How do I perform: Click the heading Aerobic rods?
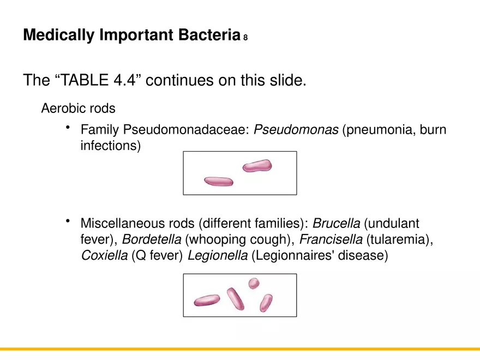pos(78,108)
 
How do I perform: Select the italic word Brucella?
pos(336,224)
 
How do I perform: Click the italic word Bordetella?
pos(151,239)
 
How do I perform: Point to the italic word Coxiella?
pos(104,255)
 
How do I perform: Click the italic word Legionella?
pos(217,255)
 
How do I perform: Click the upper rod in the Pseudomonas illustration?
pos(257,166)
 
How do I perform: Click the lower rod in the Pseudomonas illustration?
pos(218,181)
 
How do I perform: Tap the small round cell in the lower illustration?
pos(254,283)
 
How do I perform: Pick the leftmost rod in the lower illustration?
pos(207,300)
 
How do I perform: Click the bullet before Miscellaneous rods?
pos(68,221)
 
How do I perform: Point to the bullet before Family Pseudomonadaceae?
pos(68,128)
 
